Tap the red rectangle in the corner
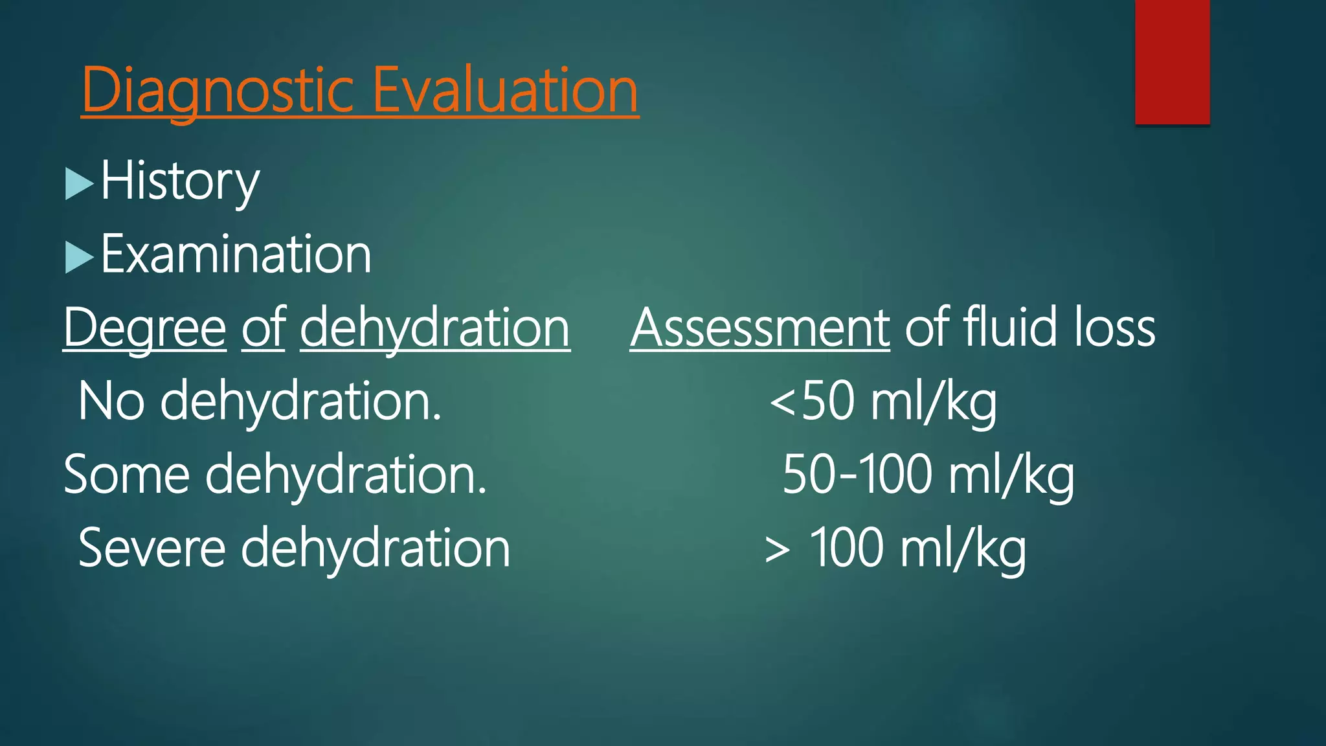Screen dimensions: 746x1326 pos(1172,62)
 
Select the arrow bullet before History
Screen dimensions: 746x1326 pos(79,184)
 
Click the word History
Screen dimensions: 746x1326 pos(180,182)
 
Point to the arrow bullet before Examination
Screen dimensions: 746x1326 pos(79,257)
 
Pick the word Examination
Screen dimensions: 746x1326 pos(236,254)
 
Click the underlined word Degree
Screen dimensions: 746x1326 pos(144,328)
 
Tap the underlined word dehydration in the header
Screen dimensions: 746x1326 pos(434,328)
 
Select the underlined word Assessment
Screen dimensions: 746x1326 pos(759,328)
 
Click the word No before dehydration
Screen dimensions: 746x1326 pos(111,401)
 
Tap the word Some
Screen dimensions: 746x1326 pos(127,475)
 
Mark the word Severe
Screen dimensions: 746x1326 pos(152,548)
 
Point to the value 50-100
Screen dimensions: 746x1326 pos(857,475)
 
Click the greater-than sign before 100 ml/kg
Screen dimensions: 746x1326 pos(777,550)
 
